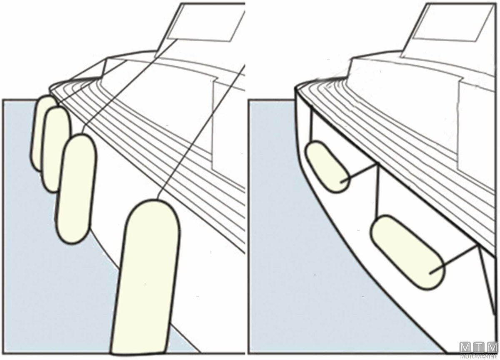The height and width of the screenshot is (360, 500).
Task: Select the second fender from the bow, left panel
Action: (56, 150)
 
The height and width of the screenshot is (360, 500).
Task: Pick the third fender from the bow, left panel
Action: (76, 189)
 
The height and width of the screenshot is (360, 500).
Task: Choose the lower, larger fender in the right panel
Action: (407, 252)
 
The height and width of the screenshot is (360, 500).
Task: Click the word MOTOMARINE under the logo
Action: (479, 357)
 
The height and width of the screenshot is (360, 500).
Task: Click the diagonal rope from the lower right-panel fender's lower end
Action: (454, 260)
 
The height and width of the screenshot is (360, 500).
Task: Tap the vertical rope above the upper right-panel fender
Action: (311, 126)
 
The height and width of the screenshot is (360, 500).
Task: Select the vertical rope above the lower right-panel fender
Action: (377, 191)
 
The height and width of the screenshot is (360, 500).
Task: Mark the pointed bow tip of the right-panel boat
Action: (296, 89)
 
